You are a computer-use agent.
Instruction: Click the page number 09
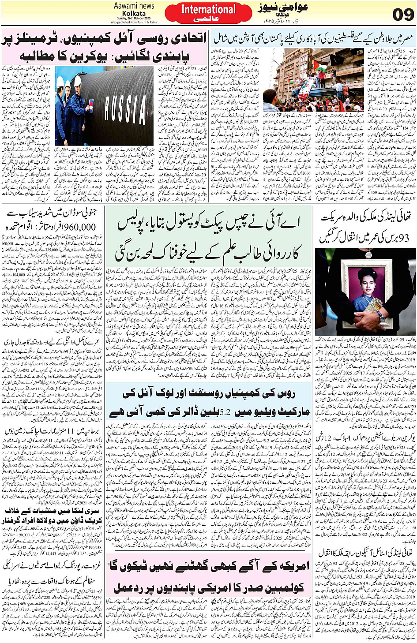403,14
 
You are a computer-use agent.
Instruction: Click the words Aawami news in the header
134,6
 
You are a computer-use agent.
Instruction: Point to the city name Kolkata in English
134,14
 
